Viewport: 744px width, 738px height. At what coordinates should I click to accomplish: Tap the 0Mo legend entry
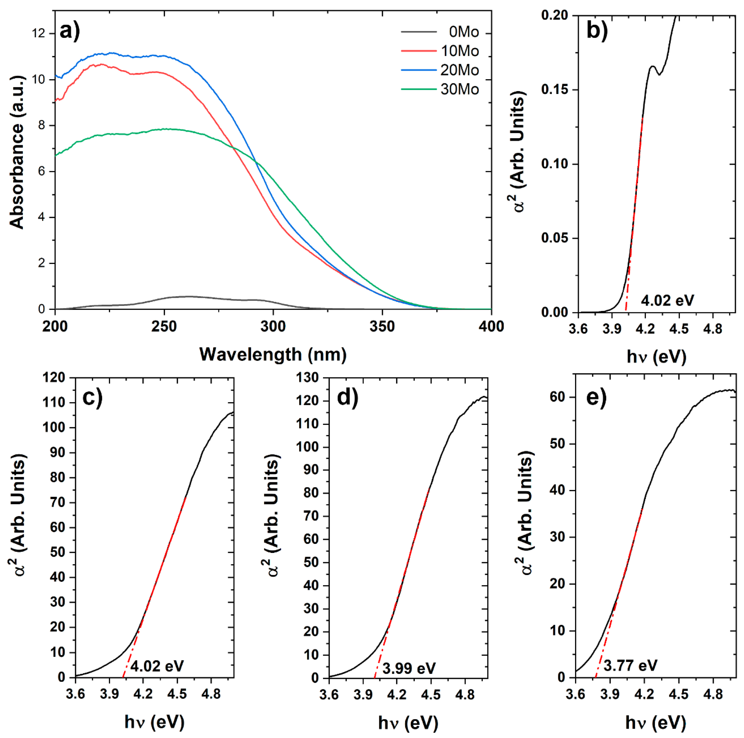(463, 32)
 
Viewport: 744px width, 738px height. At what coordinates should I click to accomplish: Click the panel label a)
(70, 31)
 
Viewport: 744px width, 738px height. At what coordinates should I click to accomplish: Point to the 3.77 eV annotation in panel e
(630, 665)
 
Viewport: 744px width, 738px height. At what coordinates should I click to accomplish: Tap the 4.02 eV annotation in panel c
(157, 666)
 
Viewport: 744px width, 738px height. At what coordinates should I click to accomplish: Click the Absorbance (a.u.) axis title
(17, 153)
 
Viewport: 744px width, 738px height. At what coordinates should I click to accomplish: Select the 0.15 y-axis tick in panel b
(554, 90)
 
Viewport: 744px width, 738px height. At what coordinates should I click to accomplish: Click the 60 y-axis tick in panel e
(557, 397)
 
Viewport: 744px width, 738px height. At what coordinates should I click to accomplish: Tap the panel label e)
(596, 398)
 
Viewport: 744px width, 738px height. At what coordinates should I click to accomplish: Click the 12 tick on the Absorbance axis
(39, 34)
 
